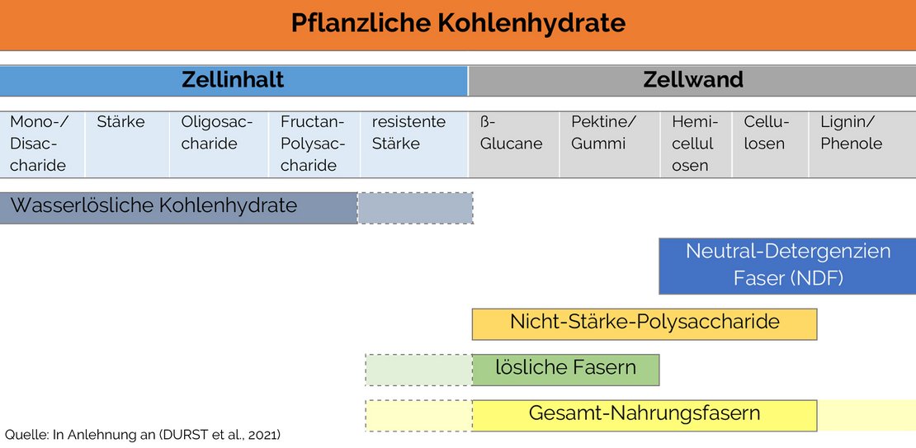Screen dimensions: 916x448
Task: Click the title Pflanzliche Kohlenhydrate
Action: [x=458, y=23]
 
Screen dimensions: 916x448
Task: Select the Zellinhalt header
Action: [x=234, y=81]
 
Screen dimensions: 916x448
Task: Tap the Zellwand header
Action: [x=692, y=81]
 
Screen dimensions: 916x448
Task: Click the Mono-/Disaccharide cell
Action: [x=42, y=144]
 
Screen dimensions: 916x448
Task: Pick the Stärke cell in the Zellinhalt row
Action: [x=127, y=144]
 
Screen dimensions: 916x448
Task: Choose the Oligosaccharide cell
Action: [x=219, y=144]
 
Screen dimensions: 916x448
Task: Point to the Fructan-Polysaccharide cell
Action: [x=314, y=144]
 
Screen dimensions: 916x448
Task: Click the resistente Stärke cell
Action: [x=414, y=144]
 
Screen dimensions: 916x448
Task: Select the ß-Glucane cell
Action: [x=513, y=144]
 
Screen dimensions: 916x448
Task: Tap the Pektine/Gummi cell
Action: [x=610, y=144]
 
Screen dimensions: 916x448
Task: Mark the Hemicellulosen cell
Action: [x=696, y=144]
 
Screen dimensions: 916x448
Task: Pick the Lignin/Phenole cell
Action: [x=862, y=144]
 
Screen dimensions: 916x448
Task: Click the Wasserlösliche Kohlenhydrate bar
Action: [x=179, y=208]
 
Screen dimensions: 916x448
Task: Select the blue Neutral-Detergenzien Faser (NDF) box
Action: [x=787, y=266]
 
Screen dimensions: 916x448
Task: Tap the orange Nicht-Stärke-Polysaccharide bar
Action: [x=645, y=324]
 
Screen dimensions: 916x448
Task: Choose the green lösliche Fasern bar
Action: [x=565, y=370]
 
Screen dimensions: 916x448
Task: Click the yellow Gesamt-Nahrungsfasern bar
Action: [x=645, y=415]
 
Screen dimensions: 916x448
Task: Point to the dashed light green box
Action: [x=419, y=370]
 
